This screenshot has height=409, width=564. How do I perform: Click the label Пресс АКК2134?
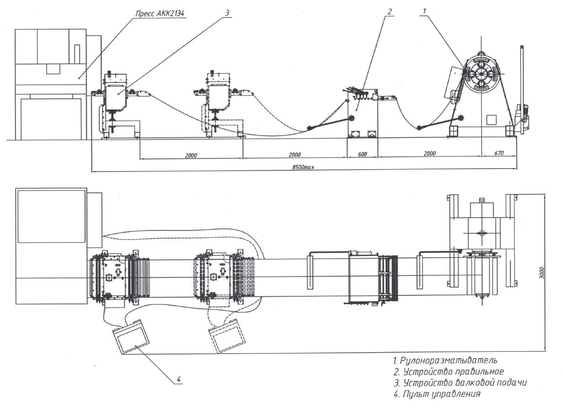160,14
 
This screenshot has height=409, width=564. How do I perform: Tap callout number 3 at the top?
227,13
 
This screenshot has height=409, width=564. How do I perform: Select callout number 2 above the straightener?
390,11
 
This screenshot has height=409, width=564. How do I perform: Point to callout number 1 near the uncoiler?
424,11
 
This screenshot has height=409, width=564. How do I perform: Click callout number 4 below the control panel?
179,380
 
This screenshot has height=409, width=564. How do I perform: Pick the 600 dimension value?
362,154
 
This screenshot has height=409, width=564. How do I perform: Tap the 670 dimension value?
499,153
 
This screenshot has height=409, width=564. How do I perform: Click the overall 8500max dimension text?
303,167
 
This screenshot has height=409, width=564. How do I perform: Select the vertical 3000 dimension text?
543,273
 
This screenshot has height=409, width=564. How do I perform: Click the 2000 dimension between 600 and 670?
430,153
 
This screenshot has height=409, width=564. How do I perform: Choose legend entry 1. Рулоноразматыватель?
445,360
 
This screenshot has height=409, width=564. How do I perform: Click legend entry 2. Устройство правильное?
449,371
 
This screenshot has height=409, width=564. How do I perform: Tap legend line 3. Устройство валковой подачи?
460,383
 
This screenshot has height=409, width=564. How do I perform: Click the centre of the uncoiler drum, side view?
481,74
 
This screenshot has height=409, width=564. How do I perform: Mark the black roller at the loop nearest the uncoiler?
419,128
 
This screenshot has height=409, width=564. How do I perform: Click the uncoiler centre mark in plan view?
481,233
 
